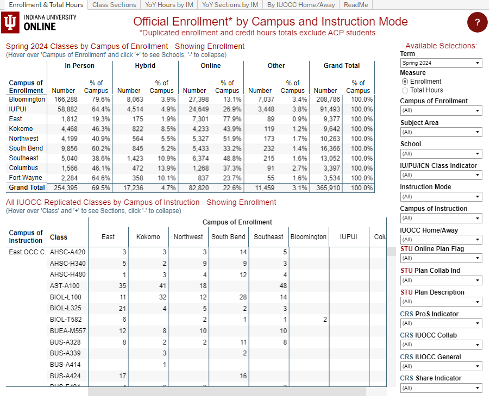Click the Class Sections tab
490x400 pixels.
coord(114,5)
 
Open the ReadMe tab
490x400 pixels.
coord(356,5)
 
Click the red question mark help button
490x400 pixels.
coord(477,22)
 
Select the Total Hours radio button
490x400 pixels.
coord(405,90)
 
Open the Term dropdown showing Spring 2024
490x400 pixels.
coord(441,63)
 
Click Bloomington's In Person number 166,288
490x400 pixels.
coord(66,99)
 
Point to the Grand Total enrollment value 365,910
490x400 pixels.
coord(326,187)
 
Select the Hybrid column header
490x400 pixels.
coord(145,66)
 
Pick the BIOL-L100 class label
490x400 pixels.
coord(65,297)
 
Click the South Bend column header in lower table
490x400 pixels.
coord(228,237)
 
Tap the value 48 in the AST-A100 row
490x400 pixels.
coord(283,286)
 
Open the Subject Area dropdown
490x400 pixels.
coord(441,132)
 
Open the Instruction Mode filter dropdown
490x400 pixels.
coord(441,197)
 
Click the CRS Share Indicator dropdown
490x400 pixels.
coord(441,388)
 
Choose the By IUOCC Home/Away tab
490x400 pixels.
coord(301,5)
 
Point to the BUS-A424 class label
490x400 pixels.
coord(65,376)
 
